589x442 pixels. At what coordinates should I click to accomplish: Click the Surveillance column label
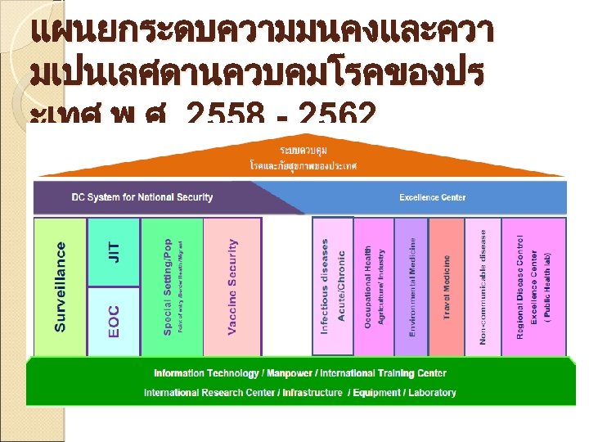(61, 286)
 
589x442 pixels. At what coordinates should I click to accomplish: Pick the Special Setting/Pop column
(171, 286)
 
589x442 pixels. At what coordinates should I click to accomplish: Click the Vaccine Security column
(232, 286)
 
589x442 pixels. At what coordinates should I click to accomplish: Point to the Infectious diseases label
(325, 286)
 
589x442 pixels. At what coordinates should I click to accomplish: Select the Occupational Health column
(373, 286)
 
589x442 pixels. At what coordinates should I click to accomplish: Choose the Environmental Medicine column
(414, 286)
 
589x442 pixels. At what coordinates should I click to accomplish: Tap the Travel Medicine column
(447, 286)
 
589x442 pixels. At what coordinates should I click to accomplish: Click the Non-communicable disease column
(483, 286)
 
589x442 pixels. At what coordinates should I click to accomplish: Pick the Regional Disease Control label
(520, 286)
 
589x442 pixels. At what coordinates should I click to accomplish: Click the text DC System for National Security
(142, 197)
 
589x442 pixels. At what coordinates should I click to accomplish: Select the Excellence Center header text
(433, 197)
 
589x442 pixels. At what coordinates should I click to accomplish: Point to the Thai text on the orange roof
(303, 159)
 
